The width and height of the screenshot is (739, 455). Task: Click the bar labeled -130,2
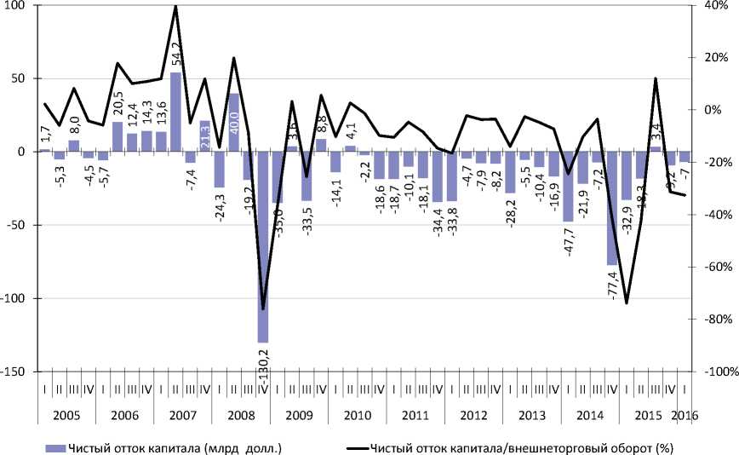pyautogui.click(x=262, y=246)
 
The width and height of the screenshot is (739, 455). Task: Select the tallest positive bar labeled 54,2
pyautogui.click(x=175, y=112)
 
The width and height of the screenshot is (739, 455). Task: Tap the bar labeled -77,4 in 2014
pyautogui.click(x=611, y=208)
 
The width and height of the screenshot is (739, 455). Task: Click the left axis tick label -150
pyautogui.click(x=16, y=372)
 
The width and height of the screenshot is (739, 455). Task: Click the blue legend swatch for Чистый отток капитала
pyautogui.click(x=54, y=446)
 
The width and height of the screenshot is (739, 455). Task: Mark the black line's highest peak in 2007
pyautogui.click(x=175, y=6)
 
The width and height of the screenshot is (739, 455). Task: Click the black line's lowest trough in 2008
pyautogui.click(x=262, y=309)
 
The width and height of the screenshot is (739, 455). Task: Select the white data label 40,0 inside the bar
pyautogui.click(x=233, y=118)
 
